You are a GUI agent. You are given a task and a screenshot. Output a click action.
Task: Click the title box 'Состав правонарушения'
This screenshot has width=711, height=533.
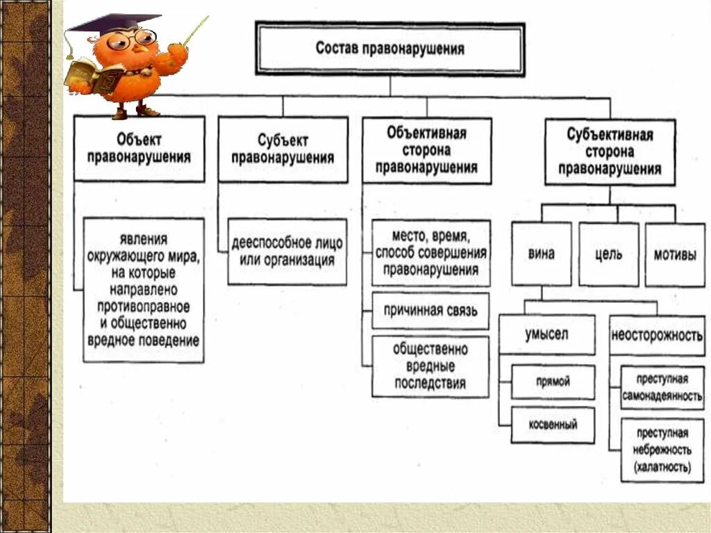coord(390,49)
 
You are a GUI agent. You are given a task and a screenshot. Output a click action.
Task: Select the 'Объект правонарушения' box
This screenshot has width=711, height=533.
coord(139,149)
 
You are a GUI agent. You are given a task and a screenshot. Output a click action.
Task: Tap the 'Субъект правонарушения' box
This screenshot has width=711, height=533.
coord(283,149)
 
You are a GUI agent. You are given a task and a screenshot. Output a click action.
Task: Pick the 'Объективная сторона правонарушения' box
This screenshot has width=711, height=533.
coord(427,150)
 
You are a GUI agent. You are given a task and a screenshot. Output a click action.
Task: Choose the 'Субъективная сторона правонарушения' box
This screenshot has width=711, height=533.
coord(610,151)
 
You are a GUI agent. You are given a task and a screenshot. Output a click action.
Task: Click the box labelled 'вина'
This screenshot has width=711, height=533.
coord(541,254)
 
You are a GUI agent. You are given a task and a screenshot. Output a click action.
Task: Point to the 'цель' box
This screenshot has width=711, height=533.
coord(608,254)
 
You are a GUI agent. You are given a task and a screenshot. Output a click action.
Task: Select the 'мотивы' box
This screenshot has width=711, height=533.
coord(674,254)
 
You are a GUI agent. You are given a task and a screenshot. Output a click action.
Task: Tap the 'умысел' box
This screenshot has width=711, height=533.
coord(546,334)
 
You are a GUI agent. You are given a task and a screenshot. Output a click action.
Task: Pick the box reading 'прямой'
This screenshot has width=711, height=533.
coord(553,382)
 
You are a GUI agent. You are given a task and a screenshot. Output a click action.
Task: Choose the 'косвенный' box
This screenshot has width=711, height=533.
coord(553,425)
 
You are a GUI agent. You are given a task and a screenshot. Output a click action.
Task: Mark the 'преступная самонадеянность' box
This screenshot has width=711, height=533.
coord(662,387)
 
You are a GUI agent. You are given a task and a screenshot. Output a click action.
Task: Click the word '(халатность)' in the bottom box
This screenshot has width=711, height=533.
coord(662,468)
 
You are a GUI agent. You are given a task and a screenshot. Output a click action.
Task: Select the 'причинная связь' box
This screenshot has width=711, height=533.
coord(430,311)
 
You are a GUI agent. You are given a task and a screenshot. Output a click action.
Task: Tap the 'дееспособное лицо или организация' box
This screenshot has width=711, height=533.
coord(287,252)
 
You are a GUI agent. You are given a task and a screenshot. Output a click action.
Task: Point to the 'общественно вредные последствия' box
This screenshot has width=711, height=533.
coord(430,366)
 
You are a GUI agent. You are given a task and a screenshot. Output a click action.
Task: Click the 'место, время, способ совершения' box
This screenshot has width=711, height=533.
coord(430,253)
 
